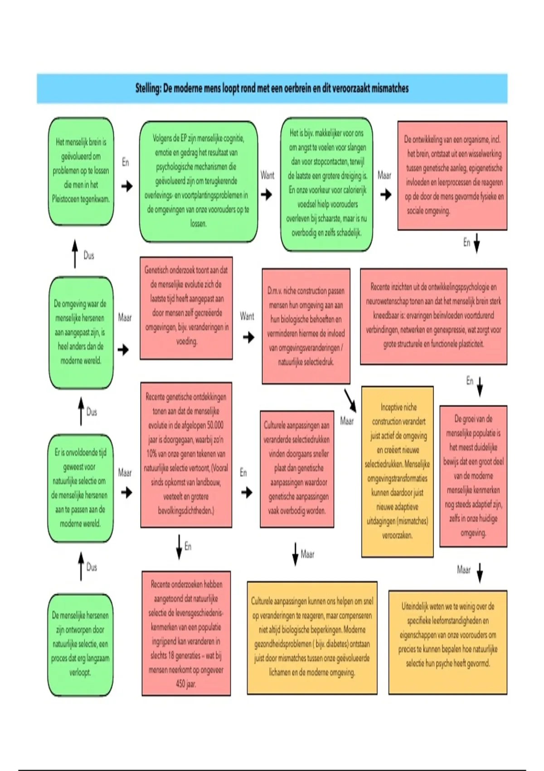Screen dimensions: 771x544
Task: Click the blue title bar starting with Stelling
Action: coord(272,88)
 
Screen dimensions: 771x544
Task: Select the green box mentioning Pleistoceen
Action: coord(81,171)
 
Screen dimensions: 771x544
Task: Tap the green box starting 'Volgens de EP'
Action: coord(198,181)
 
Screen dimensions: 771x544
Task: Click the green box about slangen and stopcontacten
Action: coord(326,183)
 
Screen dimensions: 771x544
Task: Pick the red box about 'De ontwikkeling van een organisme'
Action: coord(452,175)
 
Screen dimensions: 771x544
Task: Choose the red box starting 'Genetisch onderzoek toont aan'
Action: coord(186,308)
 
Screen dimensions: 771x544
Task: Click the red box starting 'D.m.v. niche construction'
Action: coord(306,326)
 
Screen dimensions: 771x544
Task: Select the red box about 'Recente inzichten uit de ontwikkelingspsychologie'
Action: coord(433,316)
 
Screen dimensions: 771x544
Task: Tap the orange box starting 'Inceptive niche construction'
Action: coord(397,471)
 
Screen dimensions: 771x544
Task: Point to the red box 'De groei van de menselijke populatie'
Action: coord(473,476)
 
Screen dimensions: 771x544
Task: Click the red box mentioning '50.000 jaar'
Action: coord(186,454)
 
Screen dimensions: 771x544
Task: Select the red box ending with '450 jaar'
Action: coord(186,633)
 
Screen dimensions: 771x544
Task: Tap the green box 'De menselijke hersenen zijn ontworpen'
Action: coord(80,644)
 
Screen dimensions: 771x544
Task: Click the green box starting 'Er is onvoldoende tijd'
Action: coord(80,488)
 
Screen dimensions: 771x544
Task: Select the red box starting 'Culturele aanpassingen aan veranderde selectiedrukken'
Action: coord(297,468)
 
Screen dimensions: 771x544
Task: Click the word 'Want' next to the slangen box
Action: coord(267,175)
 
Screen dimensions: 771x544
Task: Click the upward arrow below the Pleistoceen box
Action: coord(75,254)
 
